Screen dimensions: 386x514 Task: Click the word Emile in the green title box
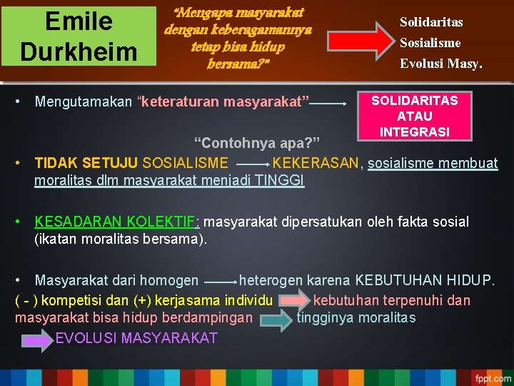(x=79, y=21)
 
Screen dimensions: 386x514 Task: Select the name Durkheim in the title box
(x=79, y=51)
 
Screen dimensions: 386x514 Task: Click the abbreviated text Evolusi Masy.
(x=440, y=63)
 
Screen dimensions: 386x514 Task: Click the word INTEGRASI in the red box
(x=414, y=132)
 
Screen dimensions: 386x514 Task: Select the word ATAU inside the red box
(x=414, y=116)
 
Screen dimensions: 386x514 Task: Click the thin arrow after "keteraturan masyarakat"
(x=329, y=104)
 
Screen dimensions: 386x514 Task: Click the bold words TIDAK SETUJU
(x=86, y=163)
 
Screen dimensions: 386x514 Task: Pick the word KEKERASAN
(x=318, y=163)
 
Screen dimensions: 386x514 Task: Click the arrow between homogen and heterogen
(x=219, y=282)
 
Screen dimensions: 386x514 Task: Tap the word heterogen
(x=271, y=281)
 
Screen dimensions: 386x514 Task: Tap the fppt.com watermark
(x=492, y=377)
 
